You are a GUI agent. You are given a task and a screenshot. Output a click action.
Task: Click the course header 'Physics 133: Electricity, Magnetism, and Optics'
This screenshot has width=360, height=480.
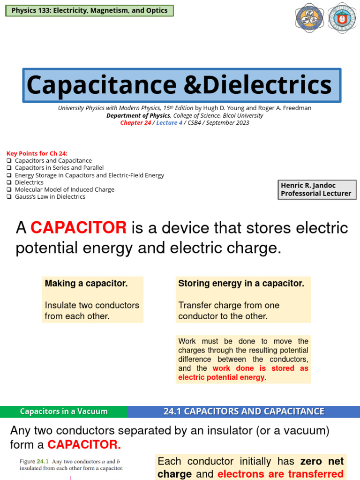click(89, 10)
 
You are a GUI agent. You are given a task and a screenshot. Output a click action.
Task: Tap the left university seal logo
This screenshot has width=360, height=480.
click(309, 18)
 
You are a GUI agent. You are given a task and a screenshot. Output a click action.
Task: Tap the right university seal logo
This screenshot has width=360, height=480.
click(342, 18)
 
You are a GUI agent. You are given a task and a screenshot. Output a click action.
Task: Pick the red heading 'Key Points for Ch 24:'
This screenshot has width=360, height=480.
click(37, 153)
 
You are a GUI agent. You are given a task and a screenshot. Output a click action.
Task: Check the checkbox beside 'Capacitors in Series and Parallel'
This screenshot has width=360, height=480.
click(9, 168)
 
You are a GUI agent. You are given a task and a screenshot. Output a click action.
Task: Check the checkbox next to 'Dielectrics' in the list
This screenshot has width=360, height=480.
click(9, 182)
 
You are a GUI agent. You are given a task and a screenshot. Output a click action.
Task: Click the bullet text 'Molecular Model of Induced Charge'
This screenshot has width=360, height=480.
click(65, 189)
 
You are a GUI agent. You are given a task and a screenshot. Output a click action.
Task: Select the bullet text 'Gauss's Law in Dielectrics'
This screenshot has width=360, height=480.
click(50, 196)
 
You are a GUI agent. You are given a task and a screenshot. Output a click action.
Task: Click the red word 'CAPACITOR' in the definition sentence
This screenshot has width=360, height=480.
click(79, 228)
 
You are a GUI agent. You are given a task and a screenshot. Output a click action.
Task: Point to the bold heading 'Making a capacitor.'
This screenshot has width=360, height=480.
click(86, 284)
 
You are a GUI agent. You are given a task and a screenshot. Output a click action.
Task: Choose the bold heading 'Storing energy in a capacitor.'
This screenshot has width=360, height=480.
click(241, 284)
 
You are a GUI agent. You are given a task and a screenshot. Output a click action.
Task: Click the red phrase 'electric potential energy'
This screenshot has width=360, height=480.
click(221, 377)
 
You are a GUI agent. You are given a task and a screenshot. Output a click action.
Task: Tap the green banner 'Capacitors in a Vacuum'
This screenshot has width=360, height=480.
click(64, 412)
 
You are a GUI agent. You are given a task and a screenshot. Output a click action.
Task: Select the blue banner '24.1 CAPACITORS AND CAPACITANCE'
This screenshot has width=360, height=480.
click(244, 412)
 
